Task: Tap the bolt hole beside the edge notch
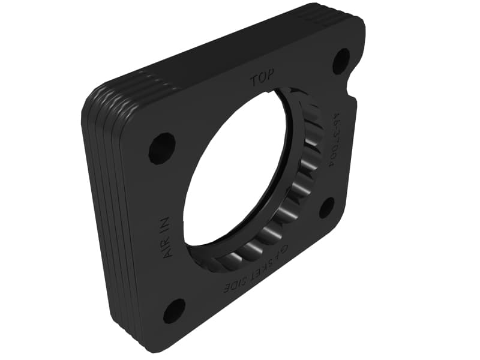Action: (341, 61)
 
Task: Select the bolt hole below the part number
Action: (327, 208)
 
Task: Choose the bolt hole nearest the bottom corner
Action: (174, 311)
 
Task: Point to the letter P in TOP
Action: (271, 77)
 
